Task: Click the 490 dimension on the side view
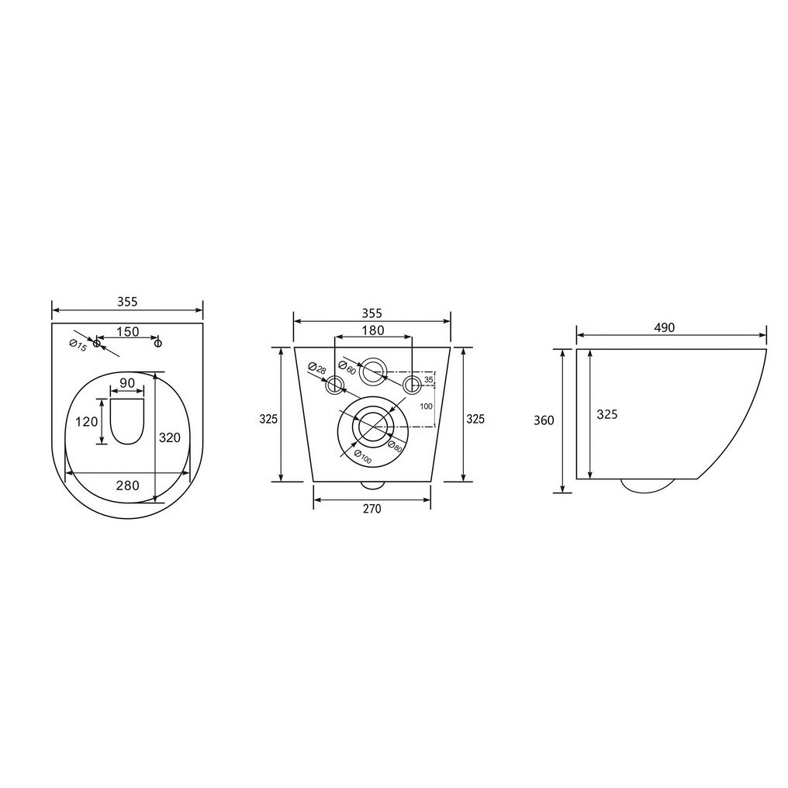click(x=665, y=327)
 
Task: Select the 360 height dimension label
click(x=544, y=420)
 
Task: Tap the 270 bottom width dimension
click(x=372, y=509)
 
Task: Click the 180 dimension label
click(x=373, y=330)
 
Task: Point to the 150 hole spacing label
click(x=128, y=332)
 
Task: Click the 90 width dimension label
click(x=128, y=383)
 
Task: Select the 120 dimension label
click(x=87, y=421)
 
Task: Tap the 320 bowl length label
click(x=170, y=437)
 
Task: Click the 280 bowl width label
click(x=128, y=486)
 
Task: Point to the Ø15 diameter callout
click(x=78, y=346)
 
